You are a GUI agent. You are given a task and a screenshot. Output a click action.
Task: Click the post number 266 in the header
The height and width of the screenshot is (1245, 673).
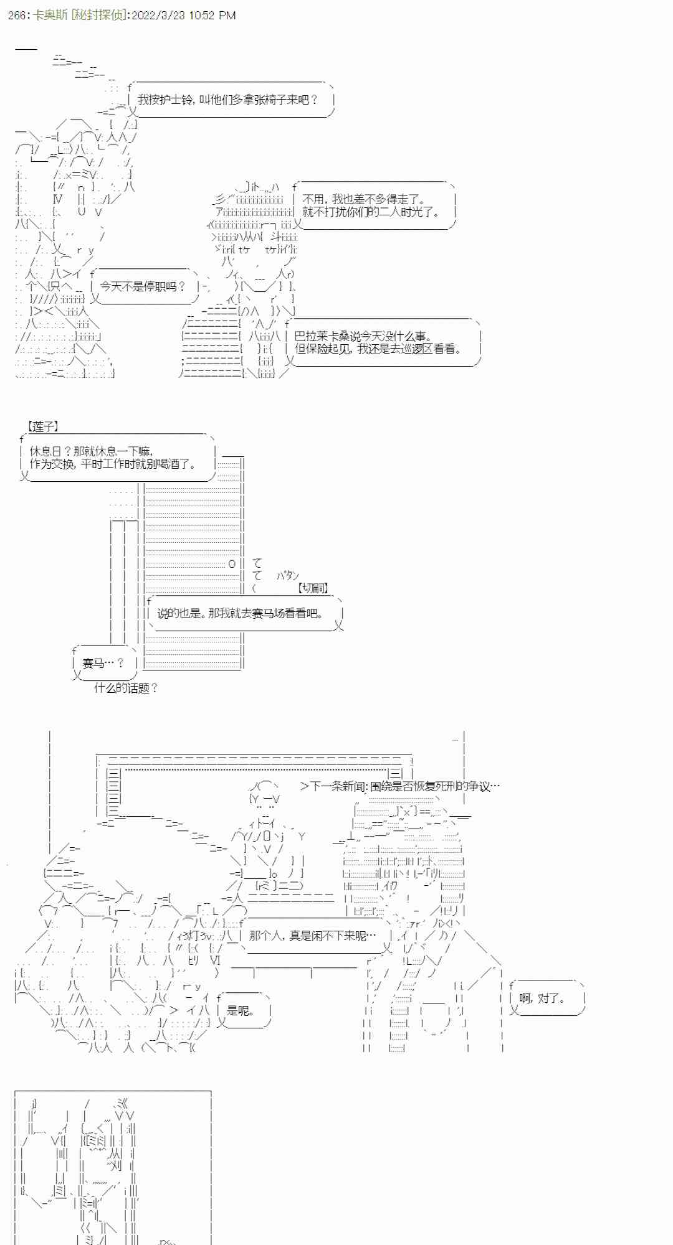17,15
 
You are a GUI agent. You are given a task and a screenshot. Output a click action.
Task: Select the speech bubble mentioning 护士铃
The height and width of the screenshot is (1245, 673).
228,100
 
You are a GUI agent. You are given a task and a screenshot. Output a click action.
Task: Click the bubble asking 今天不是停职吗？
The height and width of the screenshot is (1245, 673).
143,286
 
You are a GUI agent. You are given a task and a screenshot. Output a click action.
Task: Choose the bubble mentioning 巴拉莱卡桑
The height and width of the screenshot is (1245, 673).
380,343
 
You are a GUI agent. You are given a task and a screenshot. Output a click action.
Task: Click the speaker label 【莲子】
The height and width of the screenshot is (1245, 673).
42,426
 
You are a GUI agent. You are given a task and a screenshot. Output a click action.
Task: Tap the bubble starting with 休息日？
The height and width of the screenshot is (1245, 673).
115,458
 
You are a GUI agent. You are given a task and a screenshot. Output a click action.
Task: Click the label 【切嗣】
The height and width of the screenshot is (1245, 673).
313,588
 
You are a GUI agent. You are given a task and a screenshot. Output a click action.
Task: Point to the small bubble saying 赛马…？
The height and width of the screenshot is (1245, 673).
103,664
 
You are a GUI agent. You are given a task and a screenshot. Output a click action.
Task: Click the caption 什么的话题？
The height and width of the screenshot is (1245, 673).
126,688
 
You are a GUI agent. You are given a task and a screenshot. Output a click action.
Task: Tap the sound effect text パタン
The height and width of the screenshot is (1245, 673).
288,576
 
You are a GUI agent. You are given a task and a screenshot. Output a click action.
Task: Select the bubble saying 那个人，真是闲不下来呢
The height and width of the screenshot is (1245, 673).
312,936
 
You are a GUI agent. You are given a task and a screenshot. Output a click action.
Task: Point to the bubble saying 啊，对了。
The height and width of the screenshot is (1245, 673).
543,998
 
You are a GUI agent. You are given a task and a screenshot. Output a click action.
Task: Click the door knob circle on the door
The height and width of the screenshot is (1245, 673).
232,563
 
